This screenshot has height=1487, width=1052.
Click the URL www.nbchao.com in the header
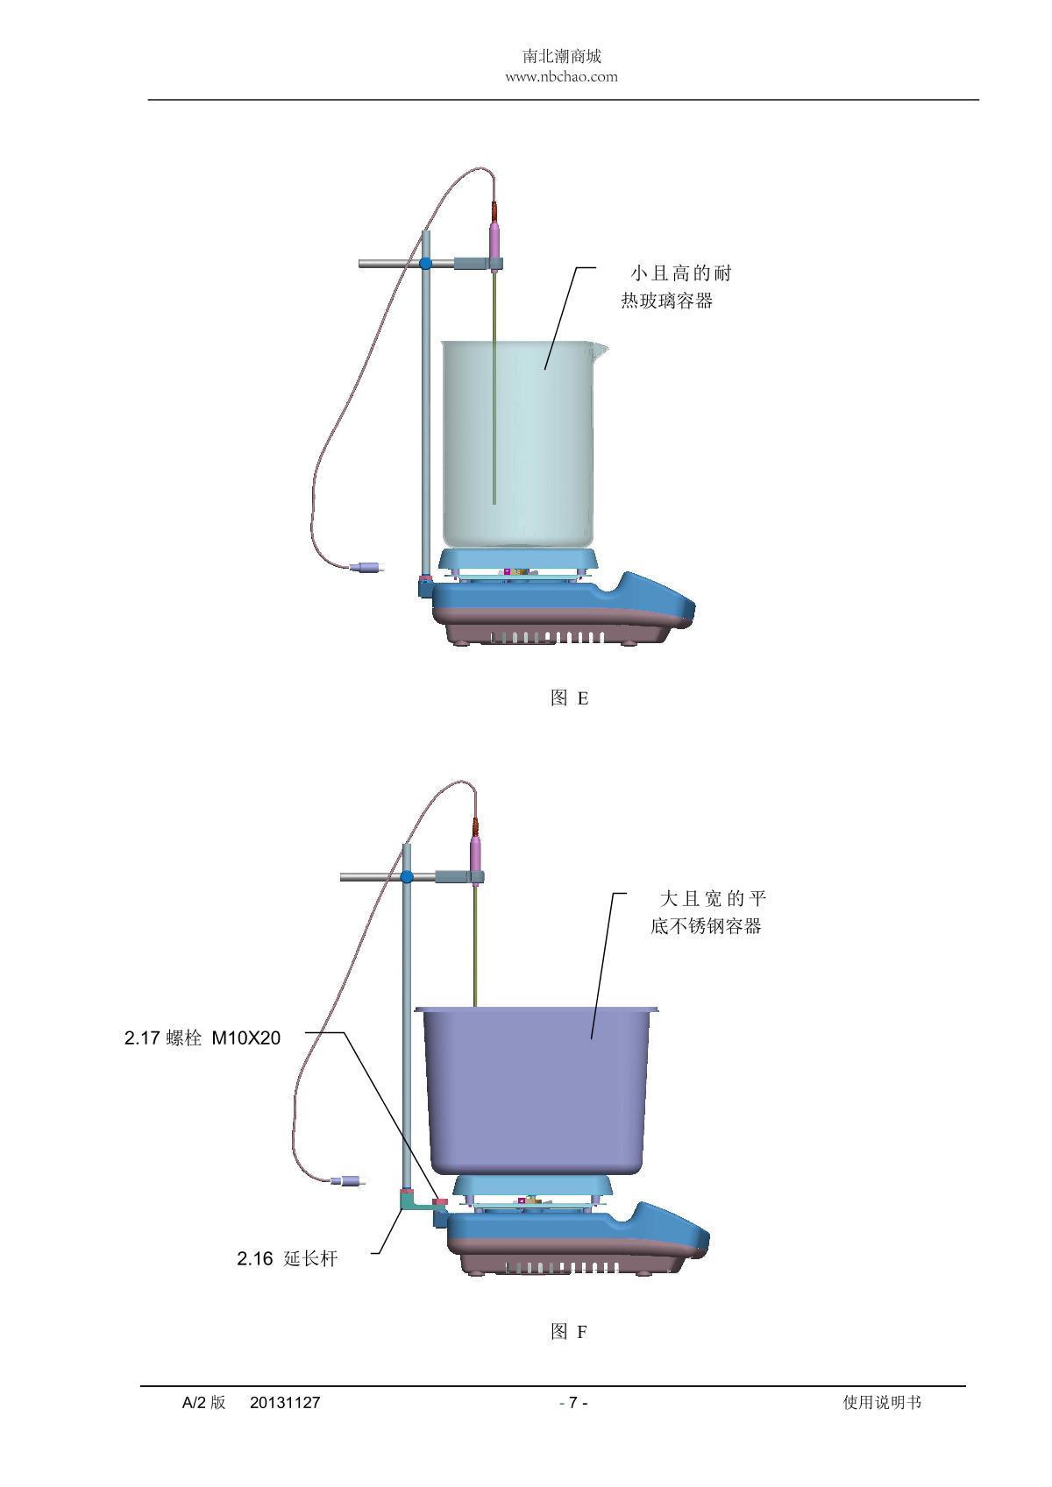pyautogui.click(x=561, y=77)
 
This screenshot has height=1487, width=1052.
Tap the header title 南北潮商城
pyautogui.click(x=561, y=57)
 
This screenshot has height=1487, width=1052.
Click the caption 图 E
pyautogui.click(x=569, y=698)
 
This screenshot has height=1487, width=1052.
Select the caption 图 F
pyautogui.click(x=569, y=1332)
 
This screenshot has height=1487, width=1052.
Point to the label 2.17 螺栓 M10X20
pyautogui.click(x=203, y=1038)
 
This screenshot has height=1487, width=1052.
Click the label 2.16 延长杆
pyautogui.click(x=287, y=1259)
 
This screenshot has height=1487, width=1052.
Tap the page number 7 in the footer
pyautogui.click(x=573, y=1403)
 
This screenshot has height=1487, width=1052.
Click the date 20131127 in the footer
pyautogui.click(x=285, y=1403)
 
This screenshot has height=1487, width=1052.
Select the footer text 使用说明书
pyautogui.click(x=882, y=1403)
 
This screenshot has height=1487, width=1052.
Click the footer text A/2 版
pyautogui.click(x=203, y=1403)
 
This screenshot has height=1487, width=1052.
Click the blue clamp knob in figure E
pyautogui.click(x=426, y=263)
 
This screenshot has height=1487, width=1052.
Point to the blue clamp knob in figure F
pyautogui.click(x=407, y=876)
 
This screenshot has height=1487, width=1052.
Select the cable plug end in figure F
pyautogui.click(x=347, y=1181)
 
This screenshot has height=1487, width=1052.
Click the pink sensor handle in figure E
pyautogui.click(x=495, y=238)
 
